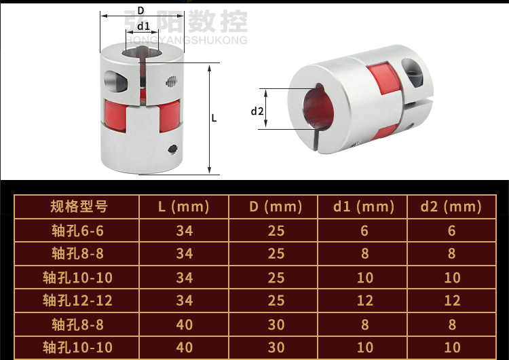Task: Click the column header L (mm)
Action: tap(184, 206)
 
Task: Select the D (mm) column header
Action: tap(276, 206)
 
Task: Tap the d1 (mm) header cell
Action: tap(364, 206)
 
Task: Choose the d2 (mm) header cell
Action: tap(451, 206)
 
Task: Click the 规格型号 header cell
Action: tap(79, 206)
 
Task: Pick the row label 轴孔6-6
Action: tap(79, 231)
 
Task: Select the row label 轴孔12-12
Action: tap(79, 300)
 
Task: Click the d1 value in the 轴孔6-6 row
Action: tap(364, 231)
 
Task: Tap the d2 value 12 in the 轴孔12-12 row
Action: tap(451, 300)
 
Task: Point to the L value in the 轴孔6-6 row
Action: tap(184, 231)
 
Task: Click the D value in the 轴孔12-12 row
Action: tap(276, 300)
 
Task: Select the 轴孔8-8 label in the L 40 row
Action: tap(79, 324)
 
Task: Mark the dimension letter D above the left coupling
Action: tap(140, 10)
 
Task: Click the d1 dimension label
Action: tap(143, 26)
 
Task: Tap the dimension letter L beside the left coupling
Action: tap(214, 118)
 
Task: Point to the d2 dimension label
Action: tap(257, 111)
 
